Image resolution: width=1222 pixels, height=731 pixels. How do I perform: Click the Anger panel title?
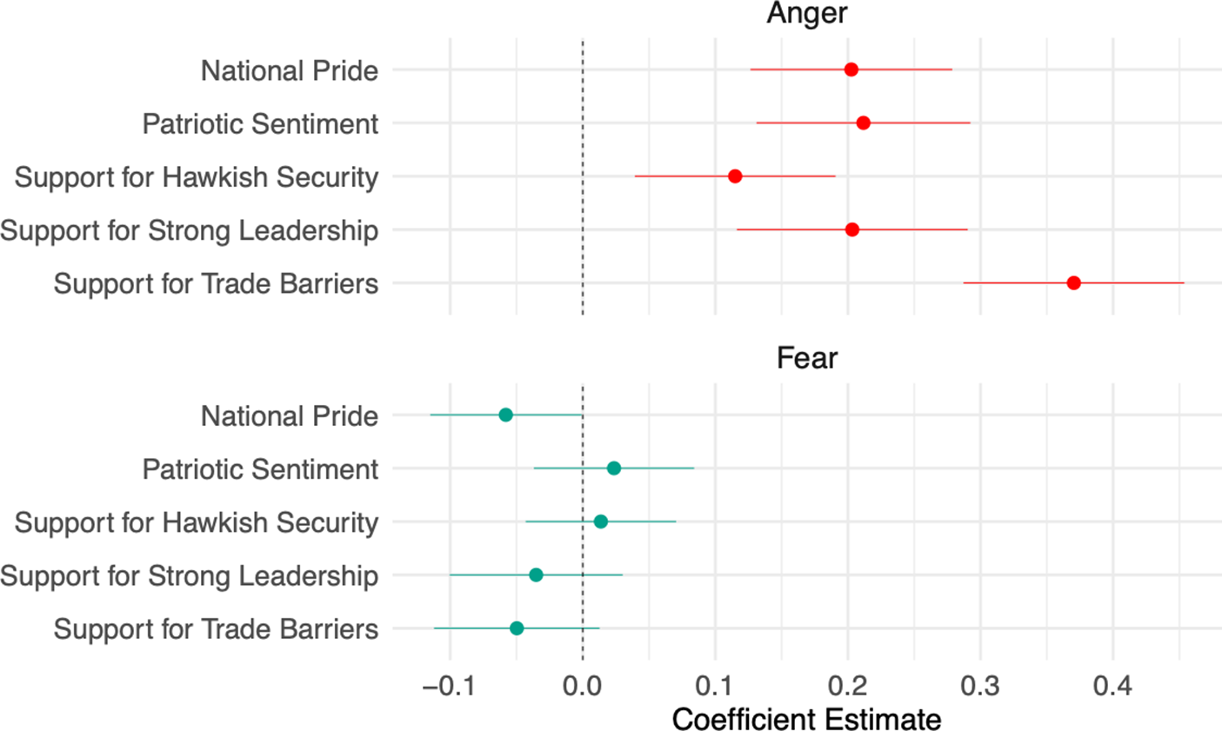[x=806, y=14]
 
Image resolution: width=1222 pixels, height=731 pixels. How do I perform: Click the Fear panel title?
[x=806, y=358]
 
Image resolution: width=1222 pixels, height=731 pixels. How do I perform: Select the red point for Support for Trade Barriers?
[x=1073, y=283]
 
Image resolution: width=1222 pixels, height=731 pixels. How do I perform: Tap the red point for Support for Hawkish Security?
[x=735, y=176]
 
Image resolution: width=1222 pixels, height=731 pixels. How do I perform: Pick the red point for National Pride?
[x=851, y=70]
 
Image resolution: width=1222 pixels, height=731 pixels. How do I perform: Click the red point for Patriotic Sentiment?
[x=863, y=123]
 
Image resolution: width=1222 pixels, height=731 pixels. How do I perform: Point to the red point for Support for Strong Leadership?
[x=852, y=229]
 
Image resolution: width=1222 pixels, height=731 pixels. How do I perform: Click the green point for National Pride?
[x=505, y=415]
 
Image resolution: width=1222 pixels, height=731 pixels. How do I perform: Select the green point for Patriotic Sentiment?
[x=614, y=469]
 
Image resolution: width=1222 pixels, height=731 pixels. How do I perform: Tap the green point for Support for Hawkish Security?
[x=600, y=522]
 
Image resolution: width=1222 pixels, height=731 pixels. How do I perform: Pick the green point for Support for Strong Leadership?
[x=536, y=575]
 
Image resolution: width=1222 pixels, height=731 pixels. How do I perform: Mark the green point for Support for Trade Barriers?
[x=517, y=628]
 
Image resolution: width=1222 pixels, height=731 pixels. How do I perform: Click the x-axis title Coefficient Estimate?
[x=806, y=719]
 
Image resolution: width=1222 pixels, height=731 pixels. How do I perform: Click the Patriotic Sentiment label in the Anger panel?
[x=260, y=124]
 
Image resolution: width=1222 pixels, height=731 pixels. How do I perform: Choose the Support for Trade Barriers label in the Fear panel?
[x=216, y=628]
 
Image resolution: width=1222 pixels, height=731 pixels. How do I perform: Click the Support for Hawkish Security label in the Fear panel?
[x=197, y=522]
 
